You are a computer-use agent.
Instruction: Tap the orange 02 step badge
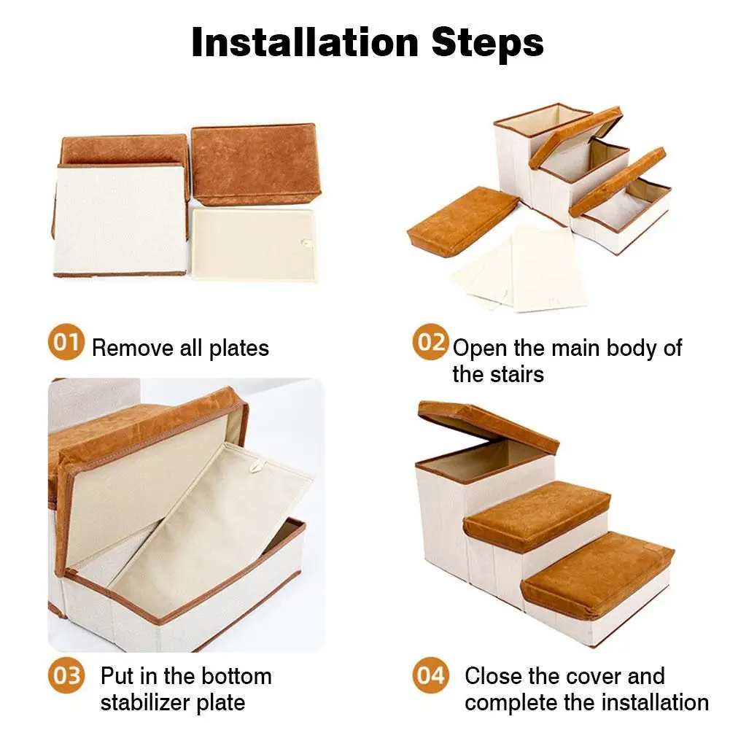430,343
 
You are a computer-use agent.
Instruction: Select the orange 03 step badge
66,676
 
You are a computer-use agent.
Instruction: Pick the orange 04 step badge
430,676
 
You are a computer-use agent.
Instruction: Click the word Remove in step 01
133,349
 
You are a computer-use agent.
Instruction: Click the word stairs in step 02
498,374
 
